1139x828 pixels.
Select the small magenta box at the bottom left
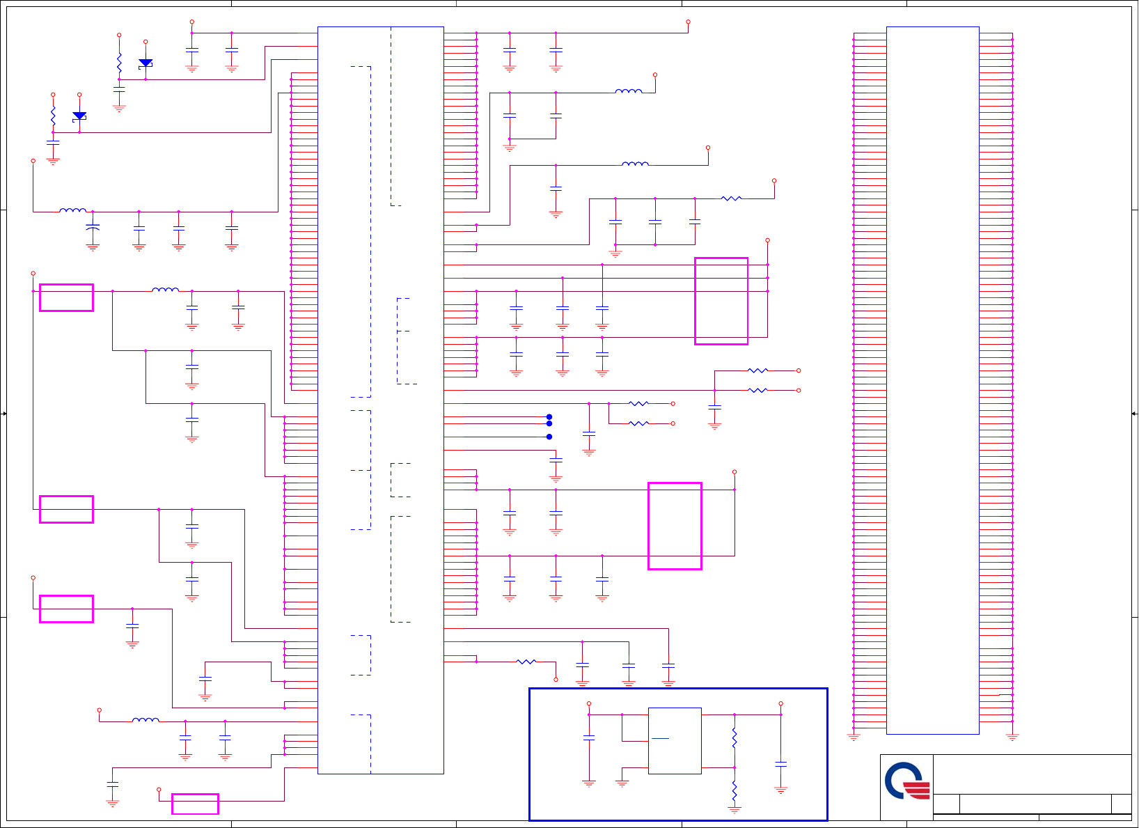pyautogui.click(x=195, y=804)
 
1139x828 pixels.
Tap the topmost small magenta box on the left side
pyautogui.click(x=66, y=297)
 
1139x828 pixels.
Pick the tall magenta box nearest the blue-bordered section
pyautogui.click(x=675, y=526)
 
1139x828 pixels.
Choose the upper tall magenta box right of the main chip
pyautogui.click(x=721, y=301)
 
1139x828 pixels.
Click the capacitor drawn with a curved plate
pyautogui.click(x=93, y=227)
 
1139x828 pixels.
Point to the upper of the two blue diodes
pyautogui.click(x=146, y=63)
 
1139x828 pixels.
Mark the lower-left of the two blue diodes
pyautogui.click(x=79, y=116)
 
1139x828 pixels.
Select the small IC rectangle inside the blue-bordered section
pyautogui.click(x=675, y=741)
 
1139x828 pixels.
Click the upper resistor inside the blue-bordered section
pyautogui.click(x=735, y=738)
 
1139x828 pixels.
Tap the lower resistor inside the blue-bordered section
pyautogui.click(x=735, y=789)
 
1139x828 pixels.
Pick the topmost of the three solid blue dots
pyautogui.click(x=549, y=417)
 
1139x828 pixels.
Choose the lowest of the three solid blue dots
pyautogui.click(x=549, y=437)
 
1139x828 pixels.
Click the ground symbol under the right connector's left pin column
pyautogui.click(x=854, y=736)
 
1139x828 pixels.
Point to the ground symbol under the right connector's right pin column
pyautogui.click(x=1012, y=736)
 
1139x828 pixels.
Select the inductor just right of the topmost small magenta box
pyautogui.click(x=165, y=290)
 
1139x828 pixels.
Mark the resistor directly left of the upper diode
pyautogui.click(x=119, y=63)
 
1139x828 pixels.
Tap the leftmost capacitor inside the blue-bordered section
pyautogui.click(x=589, y=737)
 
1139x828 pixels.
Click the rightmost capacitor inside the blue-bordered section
pyautogui.click(x=781, y=764)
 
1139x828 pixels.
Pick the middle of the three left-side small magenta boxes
pyautogui.click(x=66, y=509)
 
